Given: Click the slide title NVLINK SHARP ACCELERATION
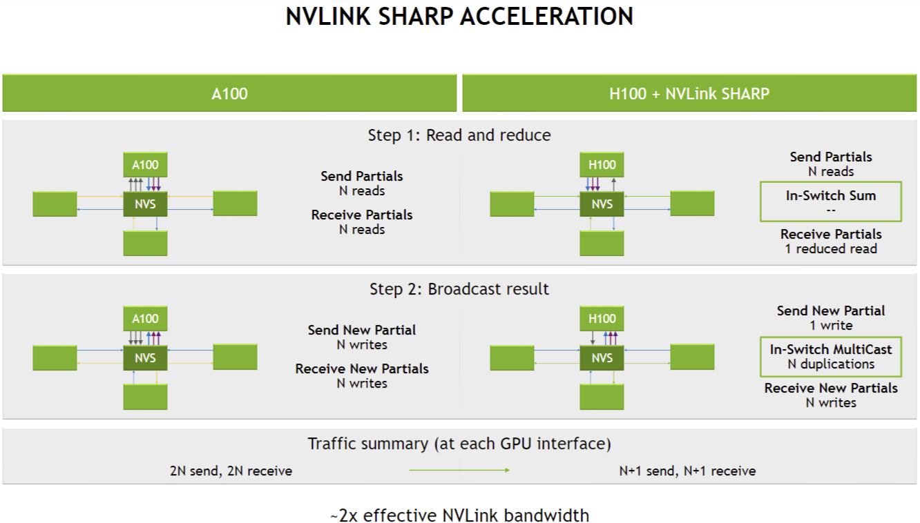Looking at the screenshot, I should [x=459, y=17].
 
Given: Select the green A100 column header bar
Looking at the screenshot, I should [x=229, y=93].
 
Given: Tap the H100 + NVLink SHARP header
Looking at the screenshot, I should [x=689, y=93].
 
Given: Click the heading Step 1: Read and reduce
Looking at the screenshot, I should [x=459, y=135].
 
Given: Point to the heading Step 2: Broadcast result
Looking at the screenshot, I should [x=459, y=289].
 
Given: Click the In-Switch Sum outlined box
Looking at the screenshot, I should [x=830, y=201].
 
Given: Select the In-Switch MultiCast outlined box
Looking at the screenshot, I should [x=830, y=356].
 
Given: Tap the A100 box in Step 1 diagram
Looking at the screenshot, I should [x=145, y=165].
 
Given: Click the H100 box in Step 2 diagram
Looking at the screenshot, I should [x=602, y=319].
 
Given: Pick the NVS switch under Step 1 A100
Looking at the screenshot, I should [x=145, y=204].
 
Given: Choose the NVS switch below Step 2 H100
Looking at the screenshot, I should [x=602, y=358].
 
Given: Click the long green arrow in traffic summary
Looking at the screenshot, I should [x=459, y=471].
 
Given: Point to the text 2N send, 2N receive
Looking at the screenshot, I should [x=231, y=471].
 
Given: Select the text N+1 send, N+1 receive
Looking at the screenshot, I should [x=687, y=471].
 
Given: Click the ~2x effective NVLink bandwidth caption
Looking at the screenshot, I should [x=459, y=515].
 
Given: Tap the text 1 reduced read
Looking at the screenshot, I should [x=831, y=249].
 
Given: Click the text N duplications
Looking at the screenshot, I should [x=831, y=364].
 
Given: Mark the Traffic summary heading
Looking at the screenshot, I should [x=459, y=444].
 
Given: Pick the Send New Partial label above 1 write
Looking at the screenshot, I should [x=830, y=311].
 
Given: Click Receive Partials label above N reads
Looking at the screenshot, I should [x=362, y=215].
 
